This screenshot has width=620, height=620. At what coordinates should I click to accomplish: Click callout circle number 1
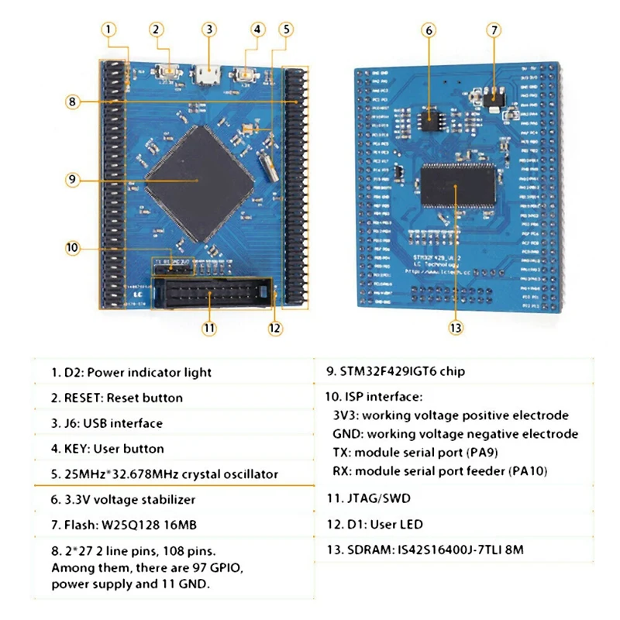[x=109, y=29]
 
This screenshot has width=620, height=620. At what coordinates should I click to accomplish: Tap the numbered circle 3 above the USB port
[x=208, y=29]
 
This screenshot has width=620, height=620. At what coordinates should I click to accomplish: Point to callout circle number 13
[x=455, y=327]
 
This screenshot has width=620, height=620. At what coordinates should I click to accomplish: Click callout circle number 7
[x=493, y=30]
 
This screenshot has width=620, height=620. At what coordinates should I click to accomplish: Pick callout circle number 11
[x=208, y=327]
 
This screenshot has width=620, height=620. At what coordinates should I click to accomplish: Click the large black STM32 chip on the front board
[x=200, y=181]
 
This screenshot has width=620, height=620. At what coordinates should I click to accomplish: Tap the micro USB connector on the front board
[x=207, y=76]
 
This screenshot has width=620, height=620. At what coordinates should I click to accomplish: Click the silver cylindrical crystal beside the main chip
[x=268, y=167]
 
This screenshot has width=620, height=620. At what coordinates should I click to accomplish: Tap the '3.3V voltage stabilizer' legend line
[x=123, y=500]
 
